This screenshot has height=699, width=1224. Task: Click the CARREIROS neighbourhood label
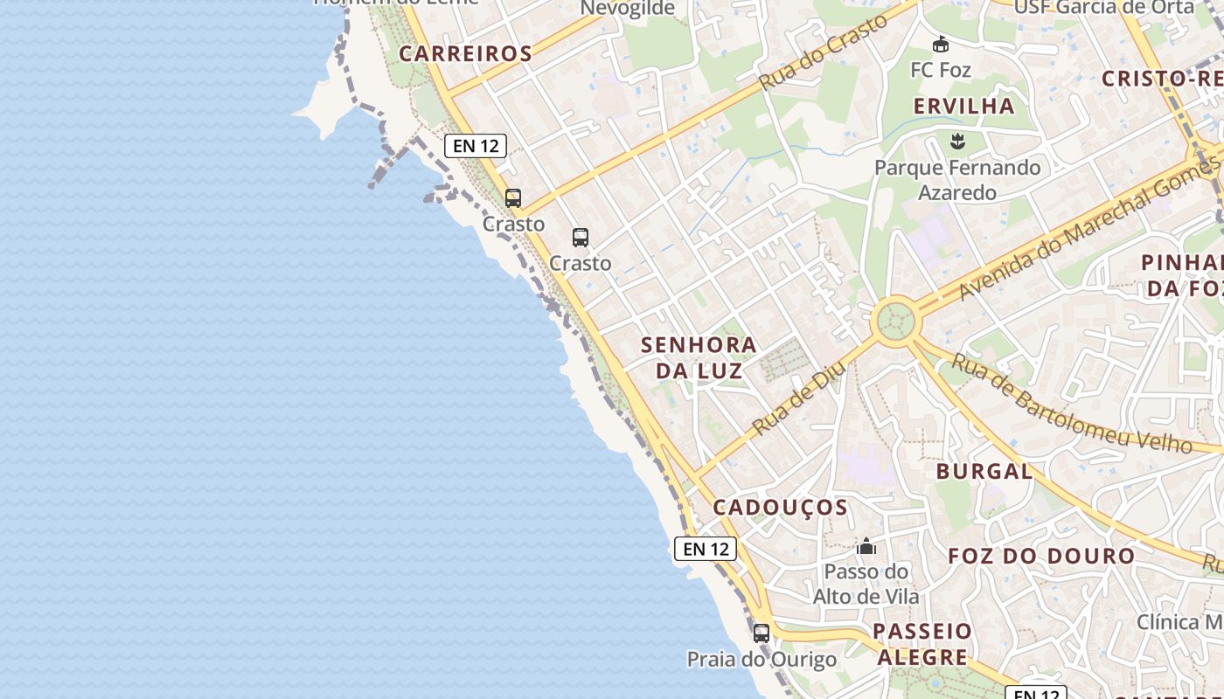[x=465, y=53]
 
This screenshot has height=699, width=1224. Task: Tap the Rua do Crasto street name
[x=824, y=52]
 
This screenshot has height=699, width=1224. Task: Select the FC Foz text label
[x=940, y=69]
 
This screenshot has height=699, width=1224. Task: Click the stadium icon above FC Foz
[x=941, y=44]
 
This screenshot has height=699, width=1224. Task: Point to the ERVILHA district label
[x=963, y=107]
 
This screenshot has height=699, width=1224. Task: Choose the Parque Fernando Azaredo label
[x=958, y=179]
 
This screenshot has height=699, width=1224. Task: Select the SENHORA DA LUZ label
[x=699, y=357]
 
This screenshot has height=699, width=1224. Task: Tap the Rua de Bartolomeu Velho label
[x=1071, y=404]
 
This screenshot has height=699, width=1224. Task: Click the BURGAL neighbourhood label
[x=984, y=472]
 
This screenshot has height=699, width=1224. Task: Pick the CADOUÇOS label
[x=780, y=508]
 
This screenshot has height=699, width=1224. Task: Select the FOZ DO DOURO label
[x=1040, y=556]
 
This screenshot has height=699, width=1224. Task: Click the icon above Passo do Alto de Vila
[x=866, y=546]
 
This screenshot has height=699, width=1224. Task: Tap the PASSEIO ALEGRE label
[x=921, y=644]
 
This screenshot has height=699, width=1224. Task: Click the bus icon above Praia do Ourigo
[x=762, y=633]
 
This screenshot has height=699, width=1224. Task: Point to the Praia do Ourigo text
[x=761, y=660]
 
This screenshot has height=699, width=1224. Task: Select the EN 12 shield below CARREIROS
[x=476, y=146]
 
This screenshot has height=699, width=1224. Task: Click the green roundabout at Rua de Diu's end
[x=895, y=321]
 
